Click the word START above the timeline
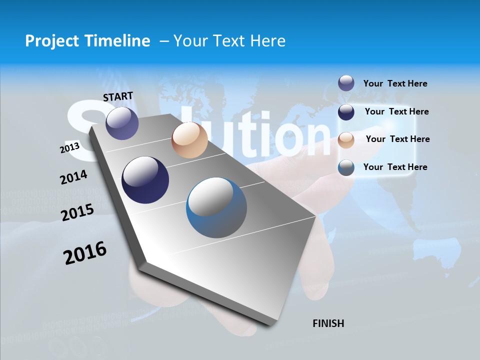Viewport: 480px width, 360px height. [x=118, y=96]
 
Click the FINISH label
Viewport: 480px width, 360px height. [x=328, y=323]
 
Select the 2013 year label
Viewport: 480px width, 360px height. [x=69, y=147]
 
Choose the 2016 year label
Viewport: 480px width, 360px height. [x=85, y=253]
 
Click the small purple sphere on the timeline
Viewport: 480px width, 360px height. [x=122, y=123]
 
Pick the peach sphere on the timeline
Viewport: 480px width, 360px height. [x=189, y=140]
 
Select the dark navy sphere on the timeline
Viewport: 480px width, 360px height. [x=145, y=180]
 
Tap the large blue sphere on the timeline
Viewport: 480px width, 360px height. [x=216, y=207]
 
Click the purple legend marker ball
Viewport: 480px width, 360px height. [x=346, y=83]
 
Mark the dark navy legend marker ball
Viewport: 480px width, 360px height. [x=346, y=111]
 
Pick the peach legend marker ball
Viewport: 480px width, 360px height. [x=346, y=139]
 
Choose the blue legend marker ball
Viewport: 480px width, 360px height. [x=346, y=167]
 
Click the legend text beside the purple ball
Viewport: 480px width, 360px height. [x=395, y=83]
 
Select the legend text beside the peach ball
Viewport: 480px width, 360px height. [x=397, y=139]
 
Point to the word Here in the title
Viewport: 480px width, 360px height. [x=267, y=41]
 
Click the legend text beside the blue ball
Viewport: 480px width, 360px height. [x=395, y=167]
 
